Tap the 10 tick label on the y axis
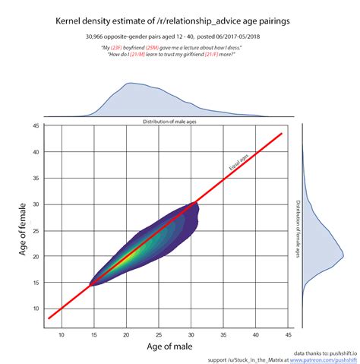36,309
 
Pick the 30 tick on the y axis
36,204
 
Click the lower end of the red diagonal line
48,319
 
